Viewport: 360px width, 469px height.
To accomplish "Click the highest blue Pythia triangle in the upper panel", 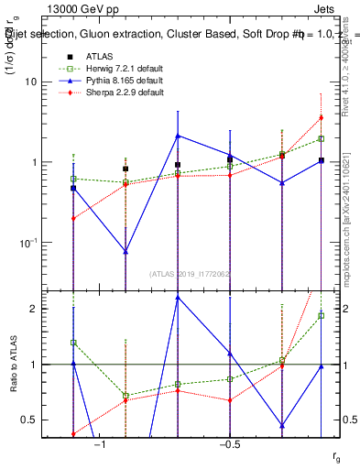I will [x=178, y=136].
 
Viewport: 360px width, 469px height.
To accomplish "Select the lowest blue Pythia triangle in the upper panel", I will [x=125, y=251].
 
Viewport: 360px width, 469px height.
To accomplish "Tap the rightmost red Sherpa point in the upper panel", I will [x=321, y=117].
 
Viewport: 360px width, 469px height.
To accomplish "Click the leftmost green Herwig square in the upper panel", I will [x=73, y=179].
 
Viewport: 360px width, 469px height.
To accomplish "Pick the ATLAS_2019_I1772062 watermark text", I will [x=191, y=274].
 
